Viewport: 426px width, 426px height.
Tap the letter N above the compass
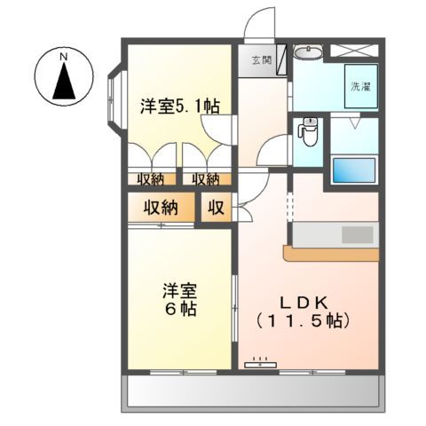64,57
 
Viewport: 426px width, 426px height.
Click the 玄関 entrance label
261,60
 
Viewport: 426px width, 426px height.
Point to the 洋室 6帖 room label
179,300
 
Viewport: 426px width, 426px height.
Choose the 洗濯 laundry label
360,87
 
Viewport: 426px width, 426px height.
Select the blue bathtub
353,169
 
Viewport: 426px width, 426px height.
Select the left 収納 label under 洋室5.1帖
151,179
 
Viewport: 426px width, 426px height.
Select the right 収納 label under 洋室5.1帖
206,179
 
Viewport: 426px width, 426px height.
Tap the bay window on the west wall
114,98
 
